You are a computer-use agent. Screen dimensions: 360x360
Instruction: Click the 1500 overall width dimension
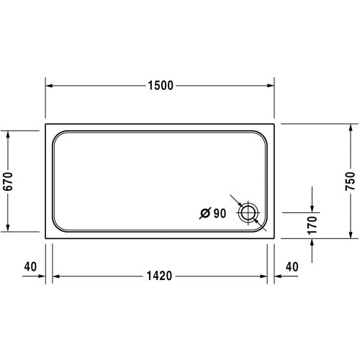tap(161, 86)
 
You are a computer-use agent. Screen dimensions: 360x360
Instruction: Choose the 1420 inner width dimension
tap(161, 276)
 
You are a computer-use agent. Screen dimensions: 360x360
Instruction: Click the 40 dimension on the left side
tap(30, 266)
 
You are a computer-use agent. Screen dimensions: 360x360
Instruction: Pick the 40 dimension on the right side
tap(292, 266)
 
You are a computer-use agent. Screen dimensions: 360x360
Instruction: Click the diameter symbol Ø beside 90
tap(205, 212)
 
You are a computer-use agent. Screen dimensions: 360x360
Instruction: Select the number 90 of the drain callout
tap(220, 212)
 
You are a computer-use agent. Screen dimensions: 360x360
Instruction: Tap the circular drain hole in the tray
tap(248, 212)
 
